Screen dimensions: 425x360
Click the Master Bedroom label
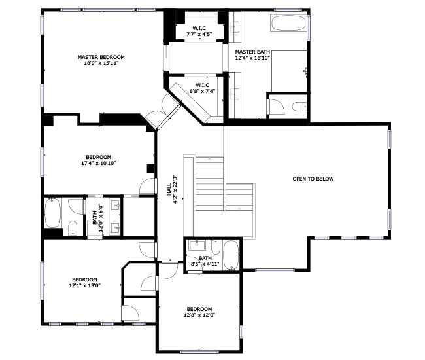101,57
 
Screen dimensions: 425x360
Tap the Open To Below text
313,179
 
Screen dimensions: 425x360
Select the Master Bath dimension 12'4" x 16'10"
252,58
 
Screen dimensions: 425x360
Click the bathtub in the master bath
288,24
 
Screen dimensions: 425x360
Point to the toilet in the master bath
299,106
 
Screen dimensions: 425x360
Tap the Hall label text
169,189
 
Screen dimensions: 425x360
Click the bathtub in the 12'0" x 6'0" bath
52,213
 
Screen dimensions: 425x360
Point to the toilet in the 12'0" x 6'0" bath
73,228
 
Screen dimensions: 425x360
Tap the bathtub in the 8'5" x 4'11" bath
231,255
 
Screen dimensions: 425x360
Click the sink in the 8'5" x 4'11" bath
197,245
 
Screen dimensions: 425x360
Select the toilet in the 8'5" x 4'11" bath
216,247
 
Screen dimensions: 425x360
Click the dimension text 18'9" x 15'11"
101,63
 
